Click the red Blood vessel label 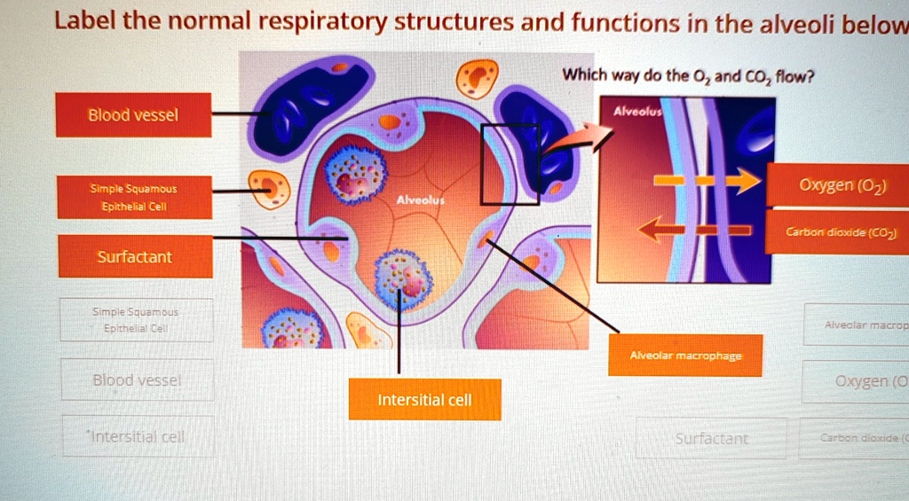click(133, 115)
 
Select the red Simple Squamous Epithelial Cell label click(133, 197)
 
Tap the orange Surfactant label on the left click(135, 256)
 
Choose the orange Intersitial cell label click(424, 400)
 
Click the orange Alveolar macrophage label click(685, 356)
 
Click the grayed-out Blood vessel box click(137, 380)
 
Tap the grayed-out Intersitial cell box click(138, 436)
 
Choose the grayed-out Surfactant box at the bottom click(711, 438)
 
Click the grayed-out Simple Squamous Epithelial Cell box click(136, 320)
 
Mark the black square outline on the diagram click(510, 164)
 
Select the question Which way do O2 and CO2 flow click(688, 76)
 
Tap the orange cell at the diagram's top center click(478, 78)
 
